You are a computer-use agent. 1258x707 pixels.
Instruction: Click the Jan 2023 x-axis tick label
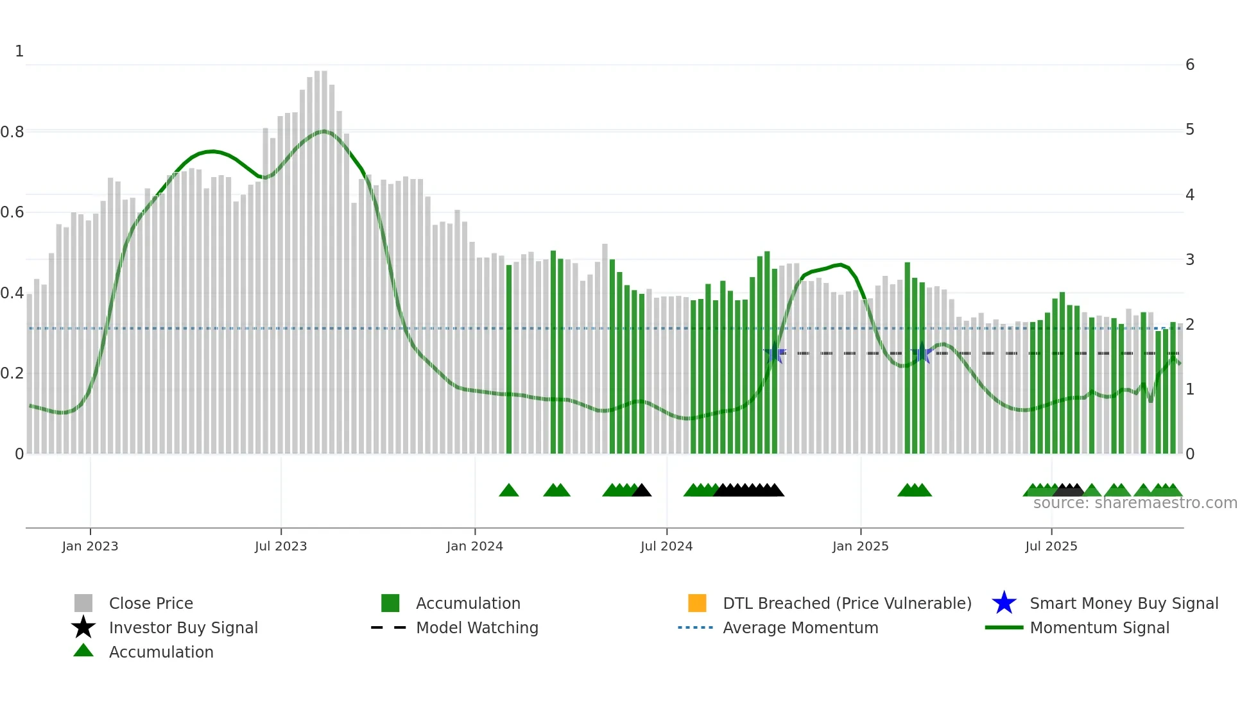(90, 546)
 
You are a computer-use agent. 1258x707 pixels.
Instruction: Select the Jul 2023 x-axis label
(280, 546)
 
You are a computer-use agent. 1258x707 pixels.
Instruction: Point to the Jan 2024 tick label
(474, 546)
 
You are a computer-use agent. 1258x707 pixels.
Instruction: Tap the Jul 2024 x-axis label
(666, 546)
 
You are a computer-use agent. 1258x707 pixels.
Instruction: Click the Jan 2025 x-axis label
(860, 546)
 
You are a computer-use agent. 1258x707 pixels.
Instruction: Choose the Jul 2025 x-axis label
(1051, 546)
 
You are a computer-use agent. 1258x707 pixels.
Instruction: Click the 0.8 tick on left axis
(12, 132)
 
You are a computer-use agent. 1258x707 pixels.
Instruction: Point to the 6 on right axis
(1190, 65)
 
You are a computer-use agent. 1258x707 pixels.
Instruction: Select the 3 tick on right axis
(1190, 260)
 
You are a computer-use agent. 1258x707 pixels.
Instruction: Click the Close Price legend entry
(151, 603)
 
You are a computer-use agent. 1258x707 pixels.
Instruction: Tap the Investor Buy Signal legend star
(83, 627)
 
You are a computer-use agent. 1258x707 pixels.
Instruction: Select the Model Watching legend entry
(476, 627)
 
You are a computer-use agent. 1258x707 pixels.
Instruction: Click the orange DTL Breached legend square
(697, 603)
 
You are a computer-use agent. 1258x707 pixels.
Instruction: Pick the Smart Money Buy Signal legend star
(1004, 603)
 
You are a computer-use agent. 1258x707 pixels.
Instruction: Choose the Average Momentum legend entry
(800, 627)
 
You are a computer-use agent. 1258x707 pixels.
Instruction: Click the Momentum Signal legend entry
(1099, 627)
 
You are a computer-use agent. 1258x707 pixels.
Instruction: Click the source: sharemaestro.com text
(1135, 503)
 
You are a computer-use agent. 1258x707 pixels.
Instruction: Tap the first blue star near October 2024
(775, 353)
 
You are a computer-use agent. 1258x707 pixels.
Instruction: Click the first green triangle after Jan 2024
(508, 491)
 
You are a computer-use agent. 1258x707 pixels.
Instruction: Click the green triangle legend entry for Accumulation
(83, 651)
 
